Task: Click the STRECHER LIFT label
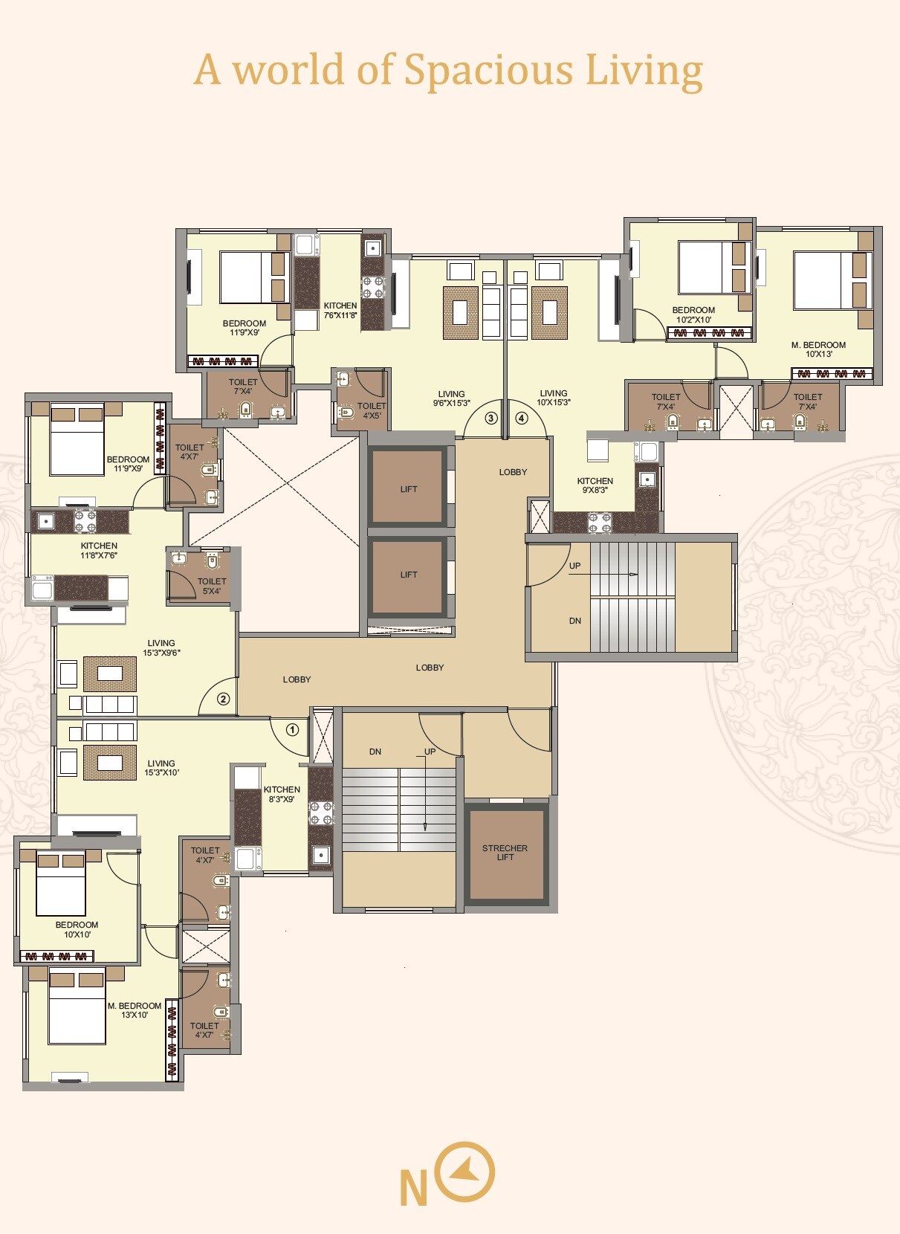point(505,853)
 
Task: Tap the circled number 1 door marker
point(292,729)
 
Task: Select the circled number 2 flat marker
point(223,699)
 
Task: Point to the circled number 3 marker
point(491,418)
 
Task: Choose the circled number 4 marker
point(522,418)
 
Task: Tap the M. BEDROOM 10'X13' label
point(818,349)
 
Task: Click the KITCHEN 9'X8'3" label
point(595,485)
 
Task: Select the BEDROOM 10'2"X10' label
point(693,315)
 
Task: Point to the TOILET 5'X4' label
point(212,587)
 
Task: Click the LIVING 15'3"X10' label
point(161,768)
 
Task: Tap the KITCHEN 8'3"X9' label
point(282,794)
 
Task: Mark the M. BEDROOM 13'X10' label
point(135,1010)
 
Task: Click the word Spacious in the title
point(488,70)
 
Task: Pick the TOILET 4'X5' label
point(372,410)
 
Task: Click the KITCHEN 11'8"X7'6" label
point(99,550)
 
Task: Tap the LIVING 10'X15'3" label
point(554,398)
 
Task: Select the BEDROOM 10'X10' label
point(77,929)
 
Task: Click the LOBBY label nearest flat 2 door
point(297,679)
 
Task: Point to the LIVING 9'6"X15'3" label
point(451,398)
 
